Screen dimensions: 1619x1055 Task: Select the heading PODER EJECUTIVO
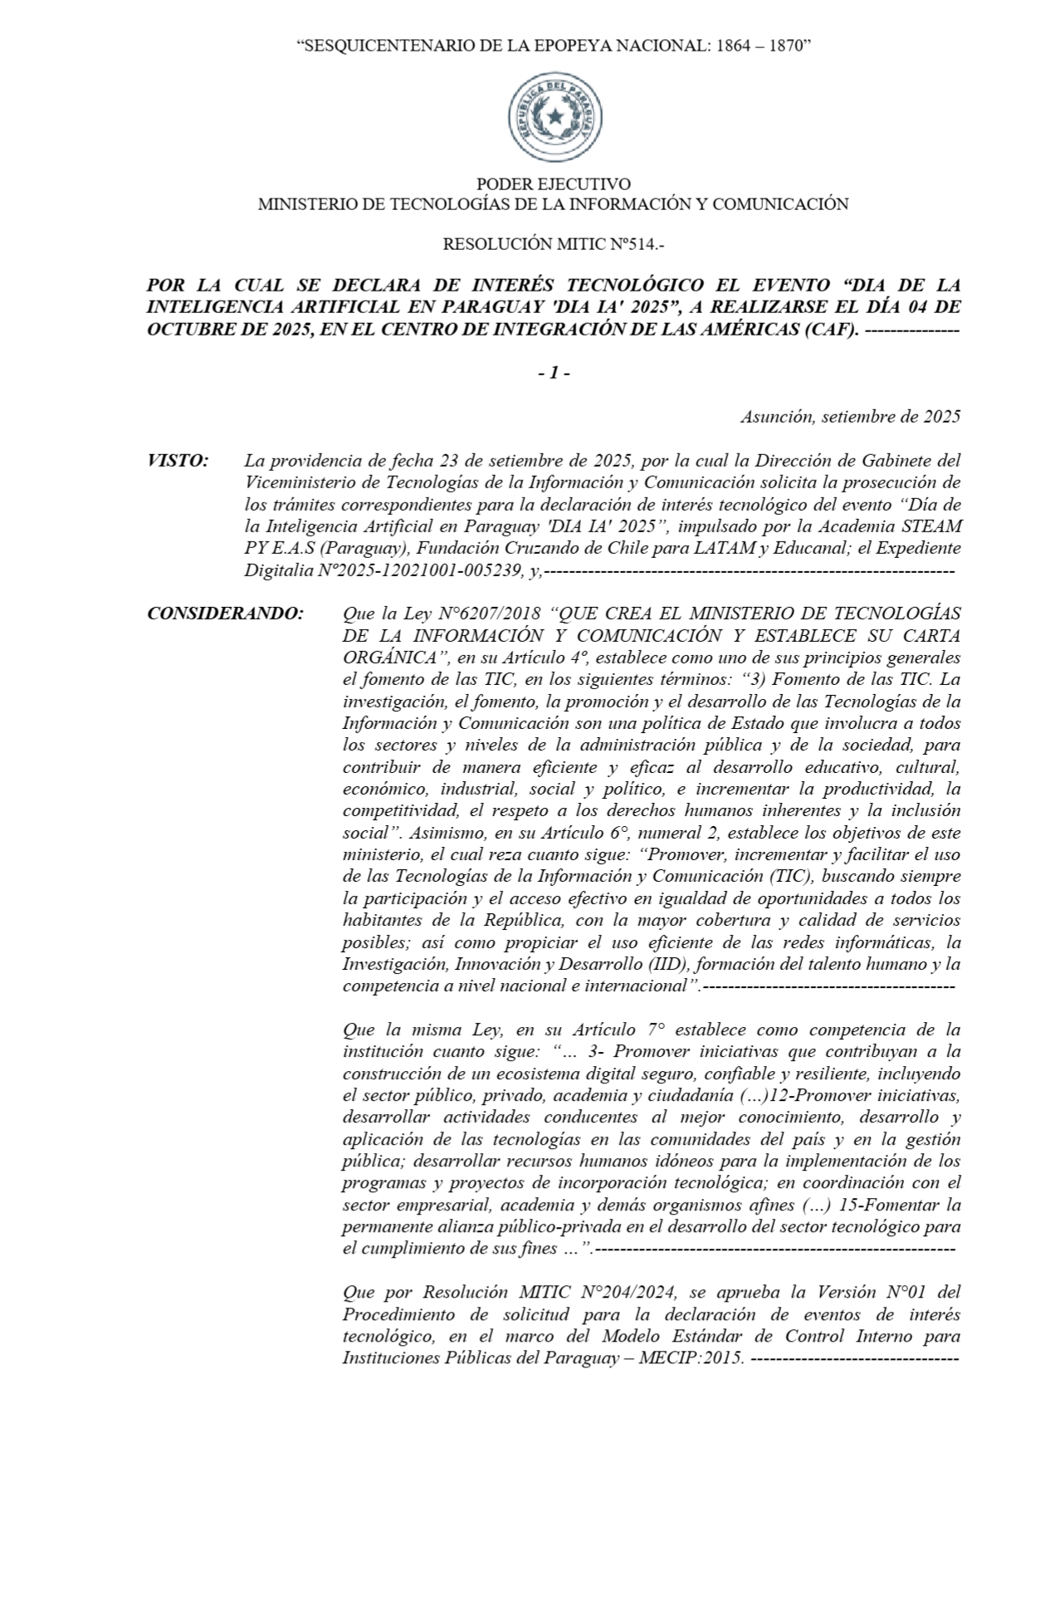coord(553,183)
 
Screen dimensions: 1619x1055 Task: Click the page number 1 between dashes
coord(554,374)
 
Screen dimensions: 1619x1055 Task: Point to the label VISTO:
coord(178,460)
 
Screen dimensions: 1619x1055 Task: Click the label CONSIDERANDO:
coord(225,614)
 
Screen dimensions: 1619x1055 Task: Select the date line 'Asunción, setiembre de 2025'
coord(851,416)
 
